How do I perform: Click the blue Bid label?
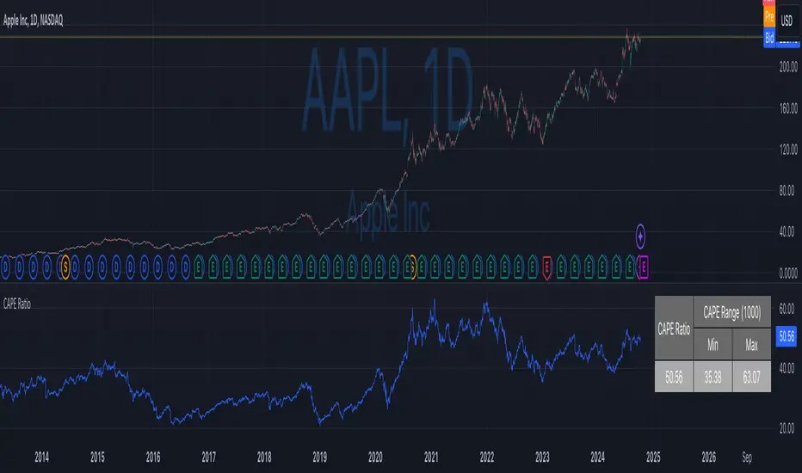[768, 38]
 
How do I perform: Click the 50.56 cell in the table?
[674, 377]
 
